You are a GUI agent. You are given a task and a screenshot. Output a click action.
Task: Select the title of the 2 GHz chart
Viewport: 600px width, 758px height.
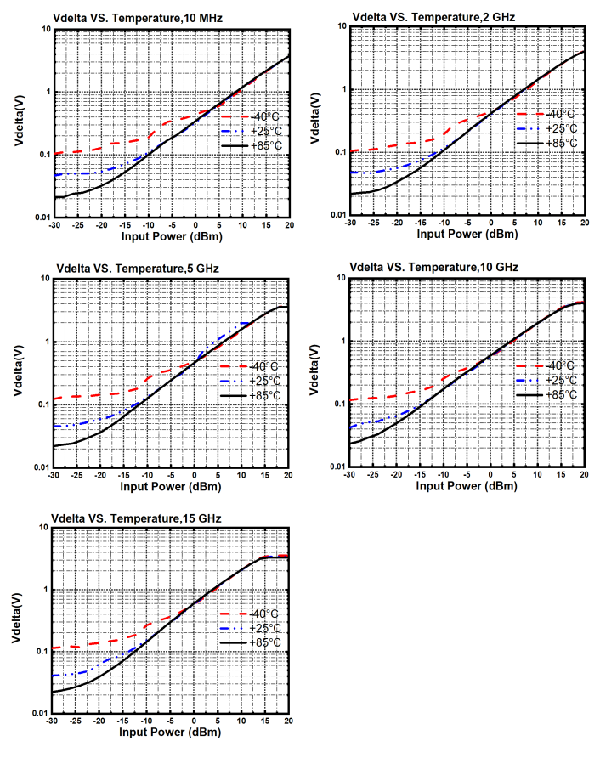(433, 16)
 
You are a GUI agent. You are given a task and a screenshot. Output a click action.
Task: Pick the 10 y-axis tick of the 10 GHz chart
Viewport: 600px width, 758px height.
(337, 278)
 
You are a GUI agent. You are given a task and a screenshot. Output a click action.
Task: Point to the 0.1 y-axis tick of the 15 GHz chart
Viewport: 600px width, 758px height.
(42, 652)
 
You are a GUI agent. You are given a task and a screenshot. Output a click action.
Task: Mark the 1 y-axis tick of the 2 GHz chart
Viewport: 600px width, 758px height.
(340, 90)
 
